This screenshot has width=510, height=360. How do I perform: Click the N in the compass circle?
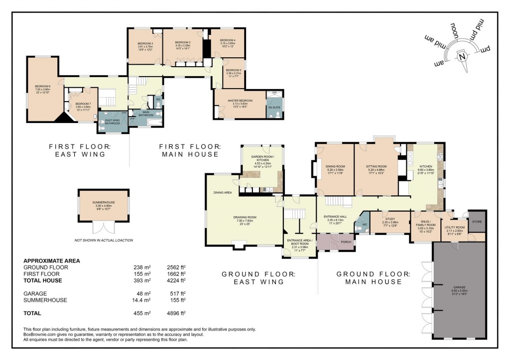click(x=463, y=56)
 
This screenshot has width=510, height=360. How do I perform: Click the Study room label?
click(x=390, y=218)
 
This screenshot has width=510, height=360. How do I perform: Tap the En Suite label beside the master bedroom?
click(x=274, y=108)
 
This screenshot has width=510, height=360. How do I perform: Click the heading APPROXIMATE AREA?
click(x=52, y=261)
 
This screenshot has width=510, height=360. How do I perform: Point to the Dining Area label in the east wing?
click(x=222, y=192)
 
